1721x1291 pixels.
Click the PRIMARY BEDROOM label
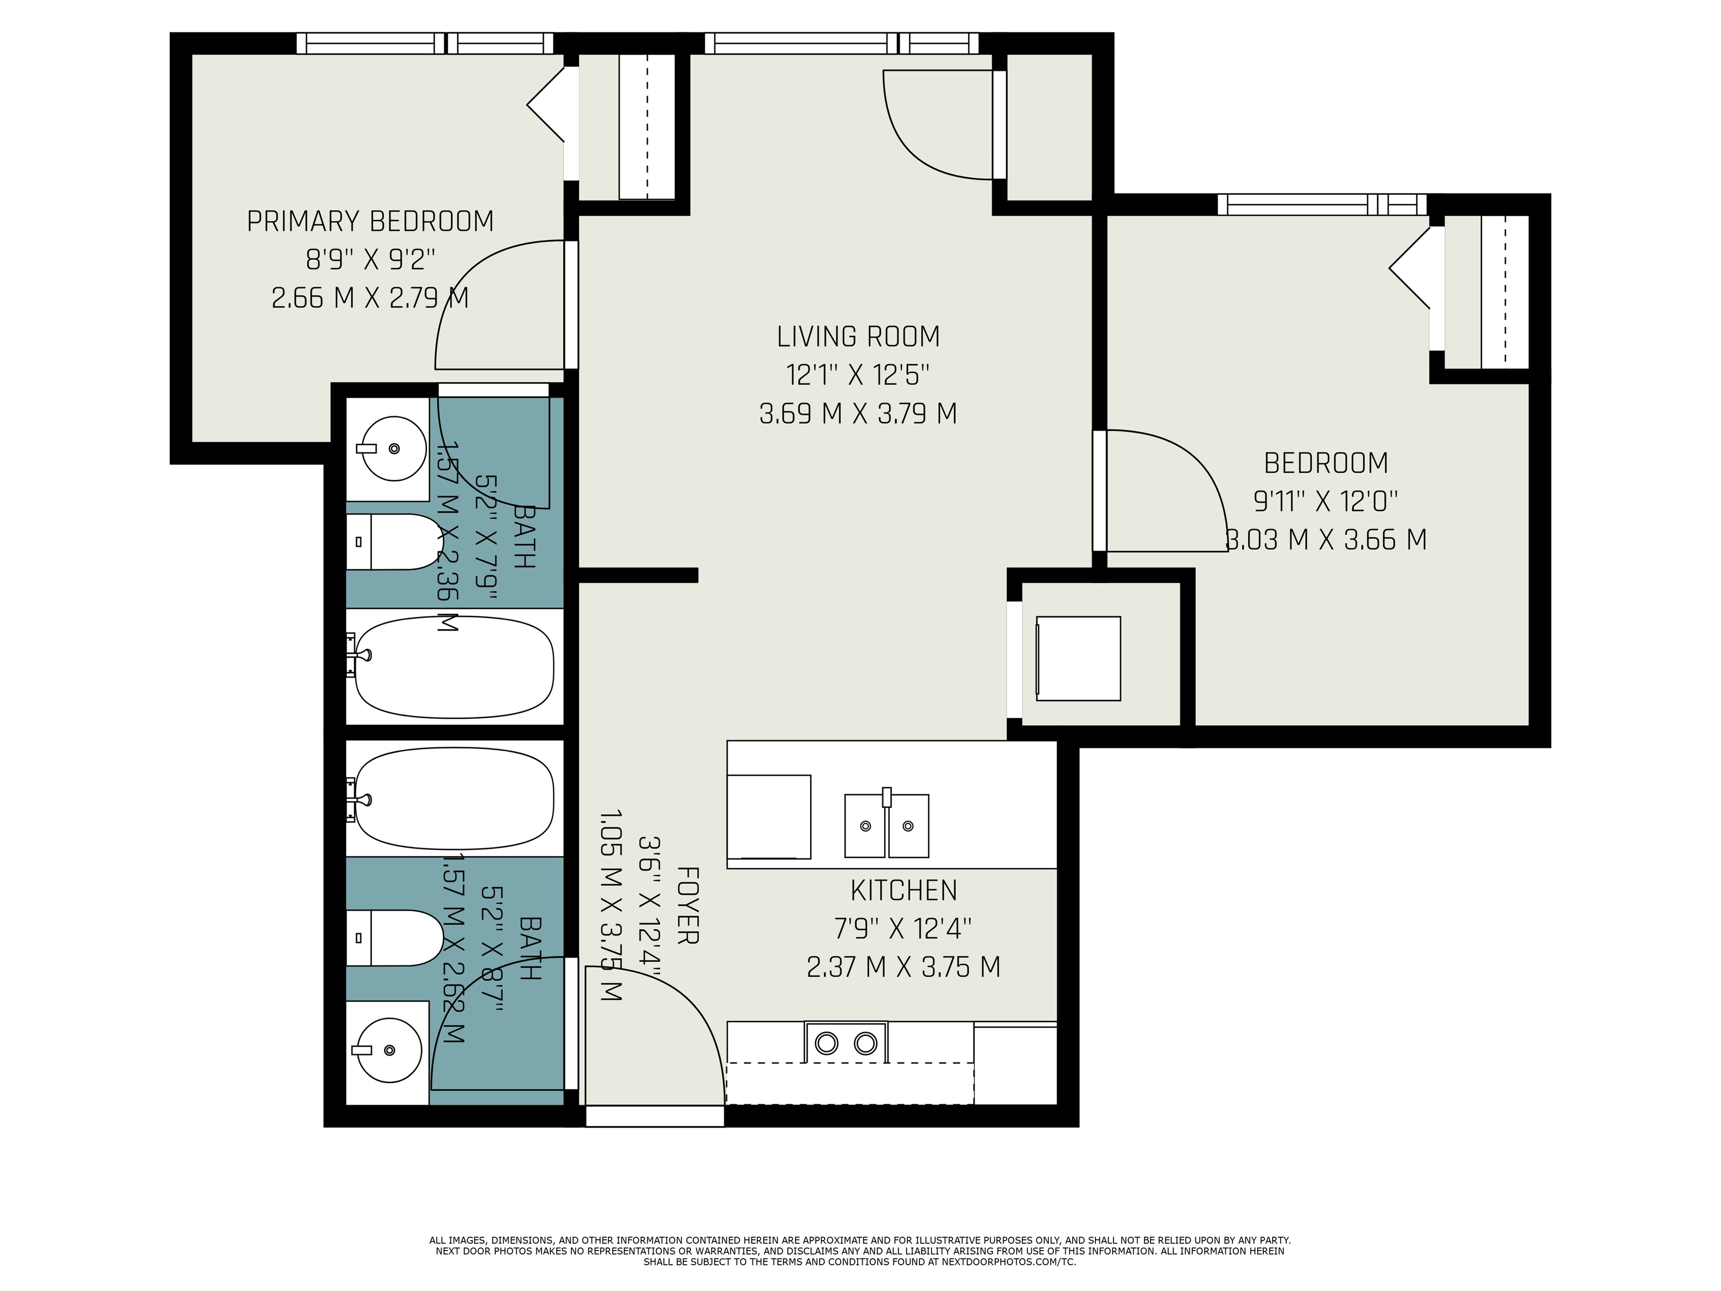(x=370, y=222)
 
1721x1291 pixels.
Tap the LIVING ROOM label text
(x=858, y=337)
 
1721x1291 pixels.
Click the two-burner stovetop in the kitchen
(x=846, y=1042)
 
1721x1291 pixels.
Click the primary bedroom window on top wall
(x=425, y=43)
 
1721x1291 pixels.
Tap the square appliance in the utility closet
(x=1078, y=658)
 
